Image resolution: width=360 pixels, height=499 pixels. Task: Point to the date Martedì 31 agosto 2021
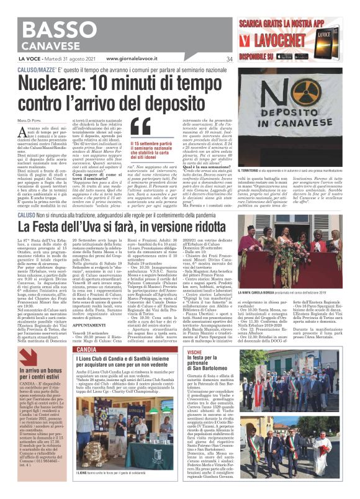(x=61, y=60)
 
